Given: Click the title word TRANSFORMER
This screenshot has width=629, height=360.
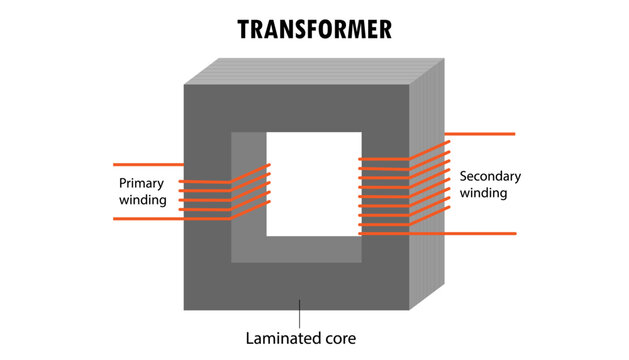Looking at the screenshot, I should coord(314,30).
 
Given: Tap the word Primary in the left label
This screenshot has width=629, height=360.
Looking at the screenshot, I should coord(141,184).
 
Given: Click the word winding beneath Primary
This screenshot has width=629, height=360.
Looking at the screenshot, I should coord(142,200).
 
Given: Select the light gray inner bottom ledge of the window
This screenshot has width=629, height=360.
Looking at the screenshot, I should coord(296,249).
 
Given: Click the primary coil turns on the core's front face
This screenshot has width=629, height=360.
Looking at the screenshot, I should coord(206,196).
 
